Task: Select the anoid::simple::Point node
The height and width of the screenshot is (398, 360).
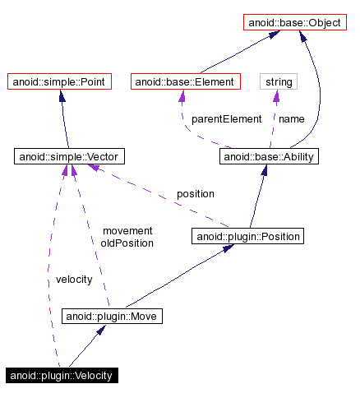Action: tap(59, 82)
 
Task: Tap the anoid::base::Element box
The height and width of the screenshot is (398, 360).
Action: tap(185, 82)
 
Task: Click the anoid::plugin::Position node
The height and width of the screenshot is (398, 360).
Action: tap(247, 237)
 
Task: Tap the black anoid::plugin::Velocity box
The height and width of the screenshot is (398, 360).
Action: tap(62, 376)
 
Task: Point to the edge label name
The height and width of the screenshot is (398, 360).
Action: tap(291, 119)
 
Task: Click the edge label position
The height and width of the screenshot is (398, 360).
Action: tap(195, 194)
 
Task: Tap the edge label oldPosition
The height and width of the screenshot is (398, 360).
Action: tap(127, 243)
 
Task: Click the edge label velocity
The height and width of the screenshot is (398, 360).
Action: tap(67, 280)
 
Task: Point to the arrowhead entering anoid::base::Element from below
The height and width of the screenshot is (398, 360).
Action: tap(181, 96)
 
